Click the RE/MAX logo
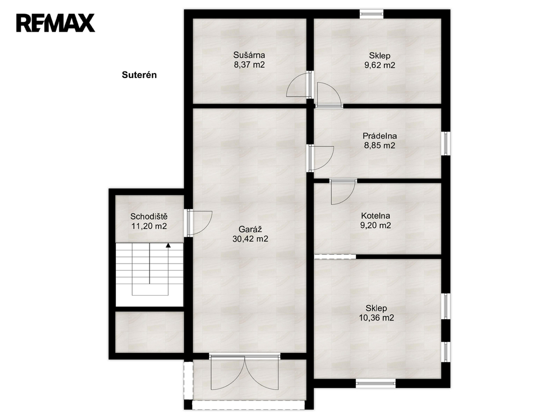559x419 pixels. coord(56,23)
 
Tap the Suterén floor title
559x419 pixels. coord(139,75)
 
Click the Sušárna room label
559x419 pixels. coord(249,55)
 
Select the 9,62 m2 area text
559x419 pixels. coord(379,65)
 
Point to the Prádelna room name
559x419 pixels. coord(380,136)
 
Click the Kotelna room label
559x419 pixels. coord(376,216)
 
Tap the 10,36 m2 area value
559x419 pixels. coord(377,318)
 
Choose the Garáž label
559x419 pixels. coord(250,229)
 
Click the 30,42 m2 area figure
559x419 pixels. coord(250,239)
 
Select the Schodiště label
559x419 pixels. coord(149,216)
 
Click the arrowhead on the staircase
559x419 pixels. coord(168,245)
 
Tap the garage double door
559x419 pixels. coord(245,372)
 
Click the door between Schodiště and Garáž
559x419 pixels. coord(199,223)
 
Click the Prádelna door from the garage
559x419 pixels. coord(321,158)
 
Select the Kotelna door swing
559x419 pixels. coord(343,192)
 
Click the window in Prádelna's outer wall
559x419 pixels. coord(446,143)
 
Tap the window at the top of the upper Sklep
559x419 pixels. coord(371,14)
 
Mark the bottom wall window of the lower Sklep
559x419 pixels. coord(376,384)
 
